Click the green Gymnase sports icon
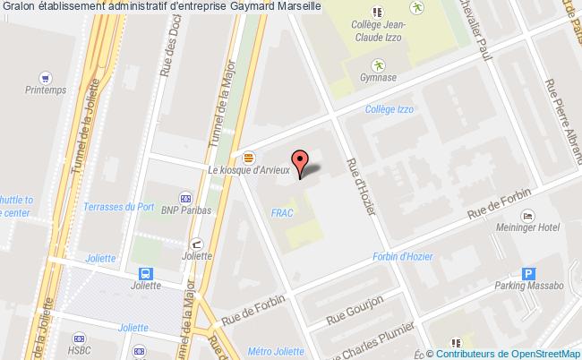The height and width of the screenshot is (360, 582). click(379, 64)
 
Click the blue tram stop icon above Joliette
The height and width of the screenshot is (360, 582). click(144, 273)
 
